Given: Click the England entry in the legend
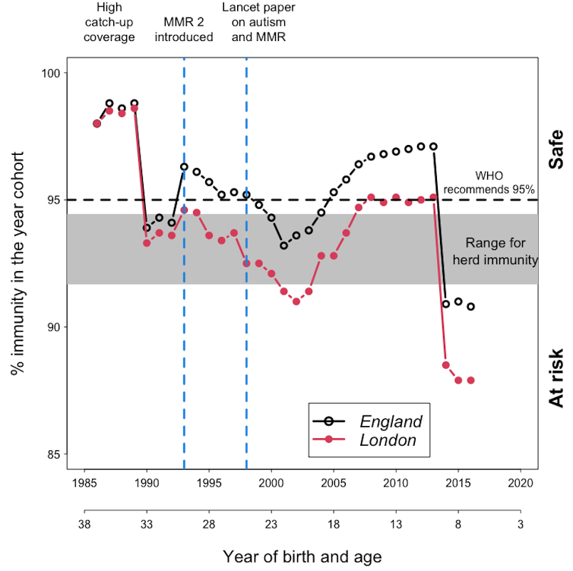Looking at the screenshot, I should pyautogui.click(x=391, y=421).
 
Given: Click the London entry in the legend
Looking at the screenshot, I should pyautogui.click(x=388, y=440).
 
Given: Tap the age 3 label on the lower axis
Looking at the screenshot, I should pyautogui.click(x=520, y=523).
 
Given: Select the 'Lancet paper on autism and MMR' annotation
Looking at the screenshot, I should pyautogui.click(x=258, y=23).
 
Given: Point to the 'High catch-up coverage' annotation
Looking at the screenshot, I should pyautogui.click(x=116, y=23).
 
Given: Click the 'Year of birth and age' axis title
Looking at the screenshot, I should pyautogui.click(x=302, y=555).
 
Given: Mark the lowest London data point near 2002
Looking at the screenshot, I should pyautogui.click(x=296, y=301).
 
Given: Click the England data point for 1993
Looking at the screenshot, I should pyautogui.click(x=184, y=166).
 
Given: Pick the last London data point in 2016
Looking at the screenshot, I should pyautogui.click(x=470, y=380).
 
